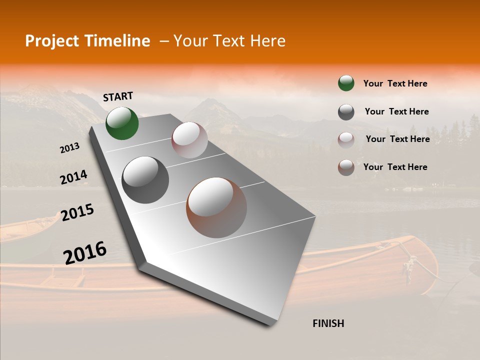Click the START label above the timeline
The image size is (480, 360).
pyautogui.click(x=118, y=96)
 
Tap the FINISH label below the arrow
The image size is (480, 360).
pyautogui.click(x=328, y=323)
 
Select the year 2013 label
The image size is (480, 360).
pyautogui.click(x=70, y=148)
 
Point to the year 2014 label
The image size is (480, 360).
pyautogui.click(x=73, y=177)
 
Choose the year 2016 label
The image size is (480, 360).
pyautogui.click(x=85, y=252)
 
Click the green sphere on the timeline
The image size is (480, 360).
pyautogui.click(x=122, y=123)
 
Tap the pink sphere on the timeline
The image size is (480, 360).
pyautogui.click(x=189, y=140)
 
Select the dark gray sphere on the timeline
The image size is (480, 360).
pyautogui.click(x=145, y=180)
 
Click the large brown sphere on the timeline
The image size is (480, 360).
pyautogui.click(x=216, y=207)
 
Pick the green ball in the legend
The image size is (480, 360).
pyautogui.click(x=346, y=83)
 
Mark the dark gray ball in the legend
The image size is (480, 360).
pyautogui.click(x=346, y=112)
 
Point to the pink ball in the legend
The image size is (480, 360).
pyautogui.click(x=346, y=140)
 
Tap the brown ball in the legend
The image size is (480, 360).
pyautogui.click(x=346, y=168)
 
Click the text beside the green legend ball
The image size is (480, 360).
pyautogui.click(x=395, y=83)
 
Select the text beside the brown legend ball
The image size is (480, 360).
pyautogui.click(x=395, y=167)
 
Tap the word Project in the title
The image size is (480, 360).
pyautogui.click(x=46, y=41)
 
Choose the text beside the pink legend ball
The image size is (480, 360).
pyautogui.click(x=397, y=139)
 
